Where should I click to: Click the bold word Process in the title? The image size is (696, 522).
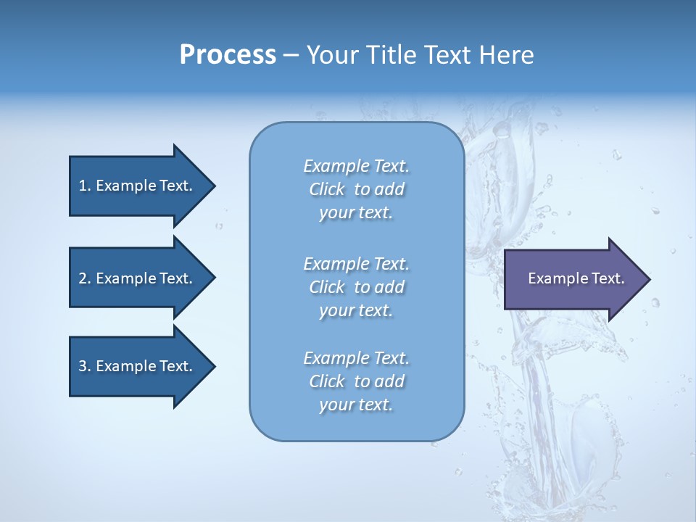[x=228, y=55]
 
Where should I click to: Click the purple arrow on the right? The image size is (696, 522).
[x=573, y=278]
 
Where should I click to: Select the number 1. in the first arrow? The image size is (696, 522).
[x=84, y=186]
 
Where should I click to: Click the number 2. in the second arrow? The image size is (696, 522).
[x=84, y=278]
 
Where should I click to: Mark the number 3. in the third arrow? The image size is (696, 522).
[x=84, y=366]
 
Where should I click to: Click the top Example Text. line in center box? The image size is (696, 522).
[x=356, y=166]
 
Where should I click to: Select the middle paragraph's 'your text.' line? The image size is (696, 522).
[x=356, y=310]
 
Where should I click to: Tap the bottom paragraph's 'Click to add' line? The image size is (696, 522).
[x=356, y=381]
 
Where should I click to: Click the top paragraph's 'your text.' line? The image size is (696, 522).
[x=356, y=212]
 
